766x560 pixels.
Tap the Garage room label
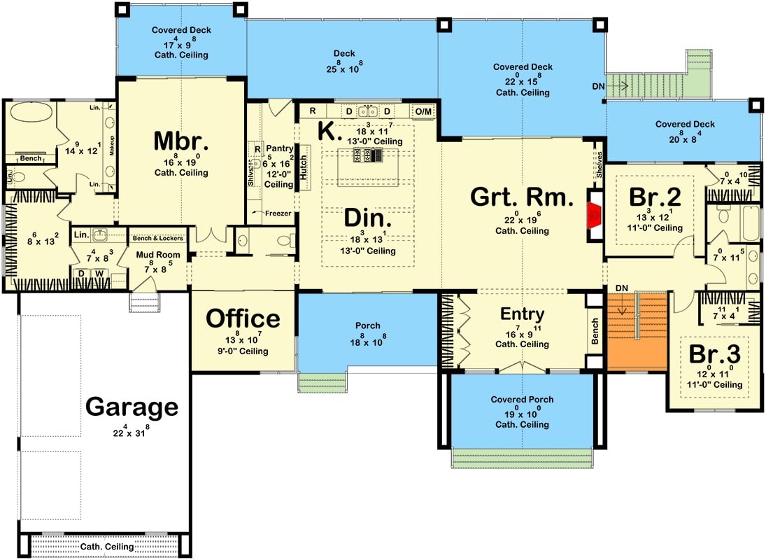click(x=132, y=407)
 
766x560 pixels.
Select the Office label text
click(x=243, y=318)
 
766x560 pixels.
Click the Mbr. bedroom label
click(x=181, y=141)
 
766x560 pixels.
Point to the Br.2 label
click(x=655, y=195)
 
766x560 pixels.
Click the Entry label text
click(x=523, y=314)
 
